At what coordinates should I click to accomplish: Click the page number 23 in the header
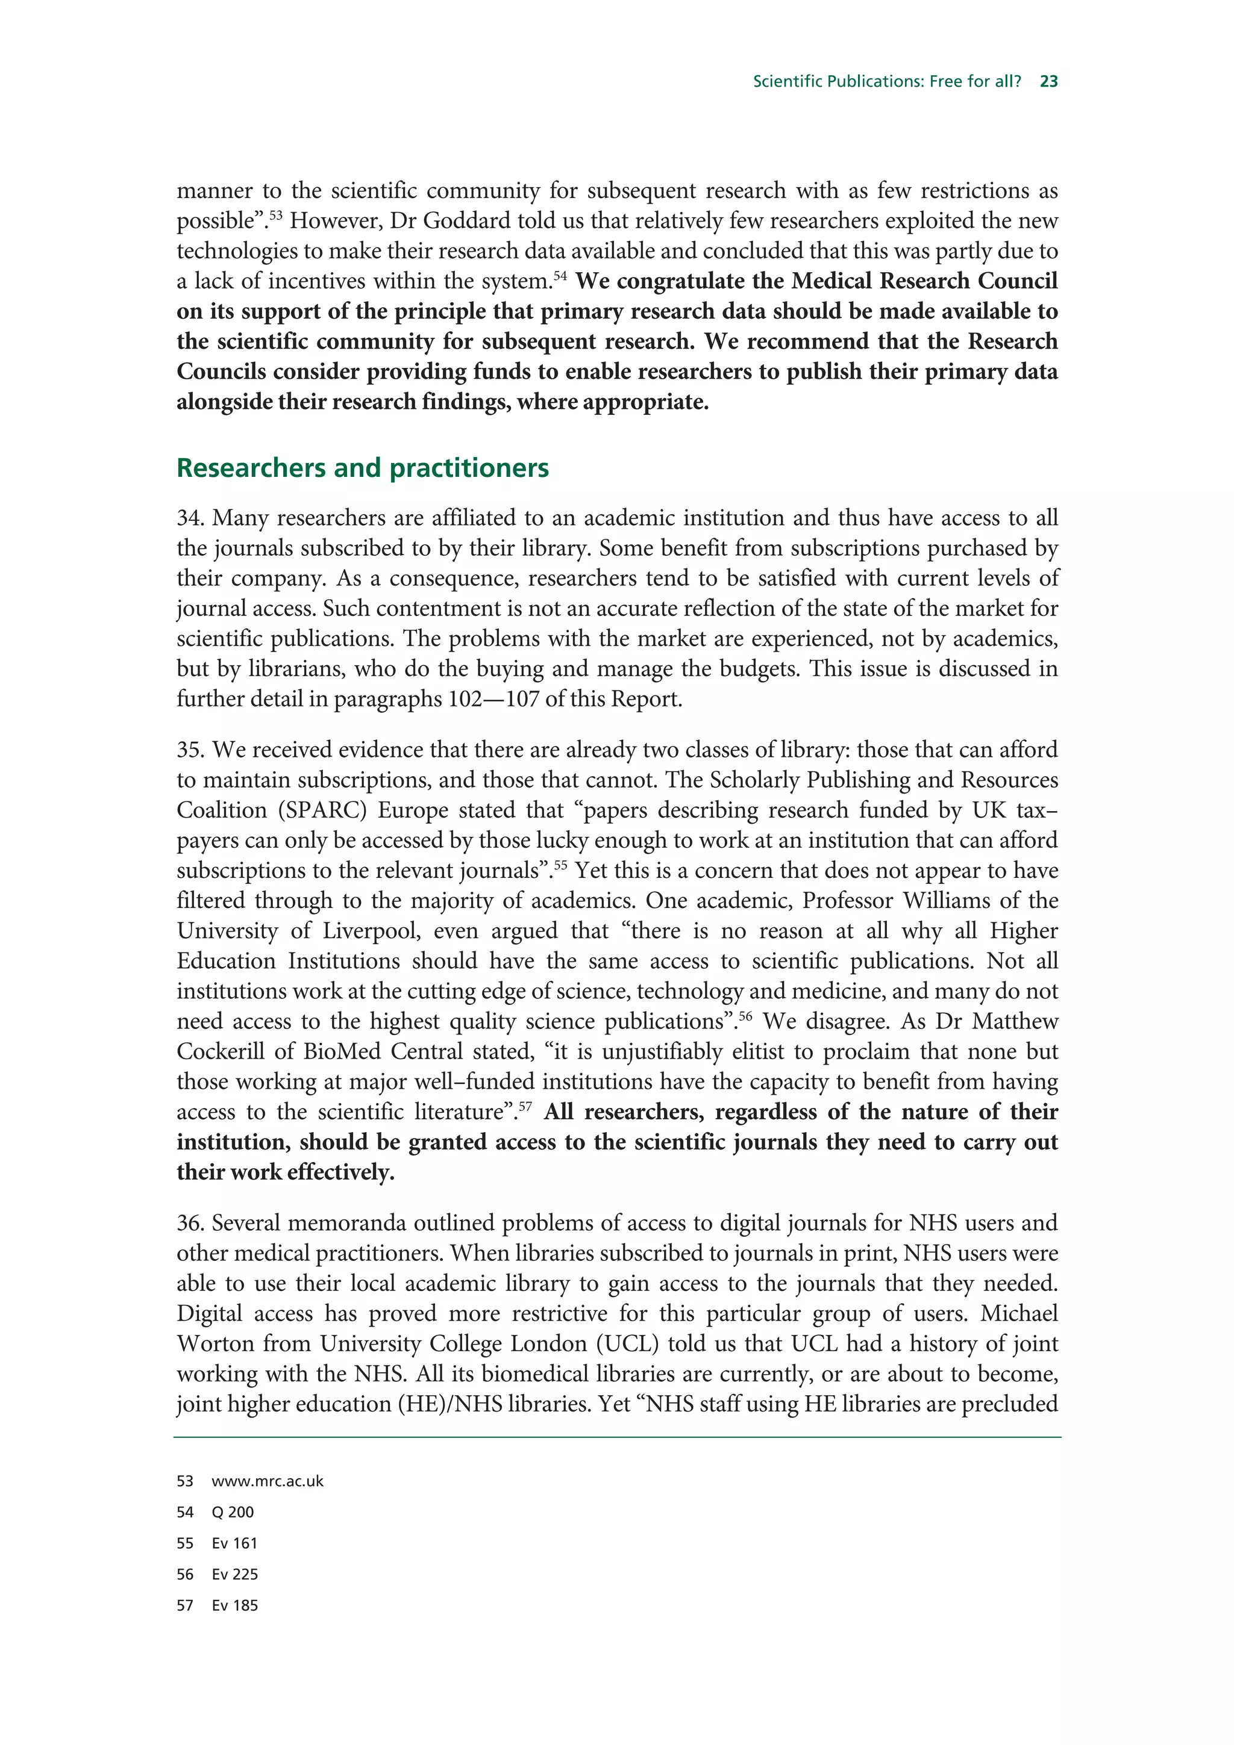[x=1048, y=81]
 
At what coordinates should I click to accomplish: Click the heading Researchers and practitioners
[x=362, y=467]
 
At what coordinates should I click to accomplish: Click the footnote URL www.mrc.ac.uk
[x=268, y=1481]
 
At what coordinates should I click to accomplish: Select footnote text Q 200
[x=233, y=1513]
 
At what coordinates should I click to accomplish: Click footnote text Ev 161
[x=234, y=1544]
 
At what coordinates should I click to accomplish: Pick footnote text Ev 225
[x=234, y=1575]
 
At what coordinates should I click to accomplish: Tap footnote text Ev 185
[x=234, y=1606]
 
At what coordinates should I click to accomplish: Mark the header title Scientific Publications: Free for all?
[x=886, y=81]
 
